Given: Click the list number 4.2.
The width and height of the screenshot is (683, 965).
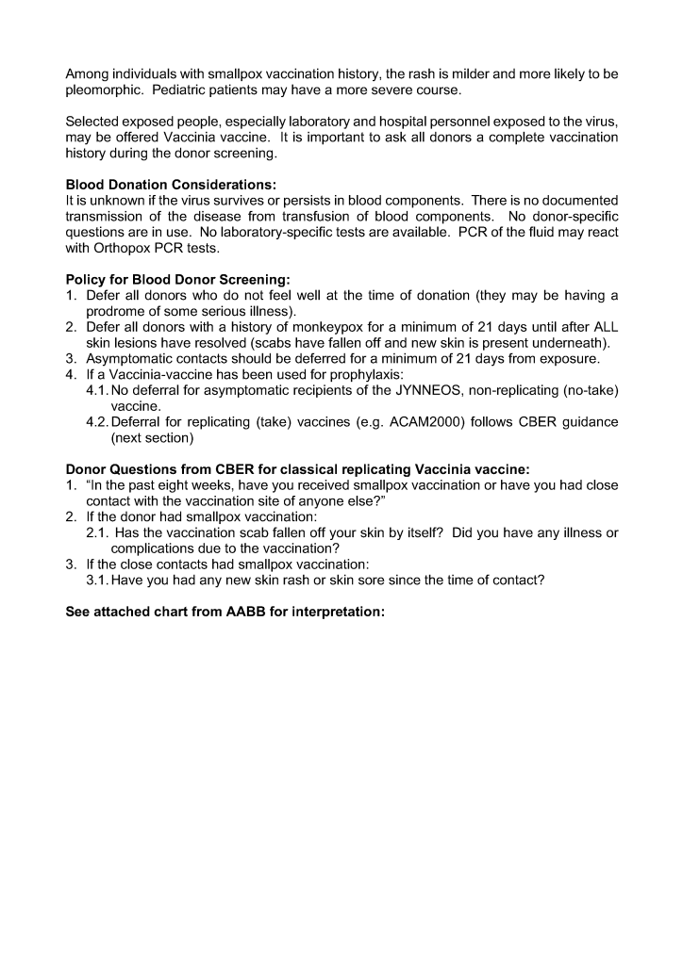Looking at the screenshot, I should point(97,422).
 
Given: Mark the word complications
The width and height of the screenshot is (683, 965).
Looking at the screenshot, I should point(156,548).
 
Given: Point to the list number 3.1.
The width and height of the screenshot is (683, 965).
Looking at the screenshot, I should point(97,581).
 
